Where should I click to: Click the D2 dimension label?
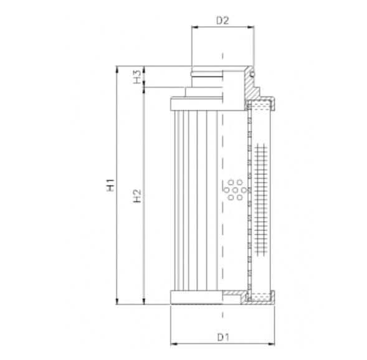click(222, 20)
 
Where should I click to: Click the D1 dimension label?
click(224, 337)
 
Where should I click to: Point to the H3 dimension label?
click(136, 77)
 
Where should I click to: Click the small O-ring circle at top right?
click(252, 75)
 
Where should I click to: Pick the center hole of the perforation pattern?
click(236, 189)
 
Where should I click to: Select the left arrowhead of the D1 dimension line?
click(173, 343)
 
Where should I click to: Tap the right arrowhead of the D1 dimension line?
click(274, 343)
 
